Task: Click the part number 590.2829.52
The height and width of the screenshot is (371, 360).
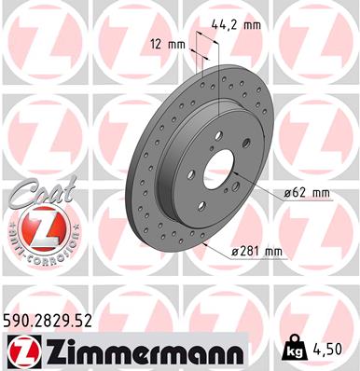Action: click(52, 321)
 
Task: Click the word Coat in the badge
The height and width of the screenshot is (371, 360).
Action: click(36, 192)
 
